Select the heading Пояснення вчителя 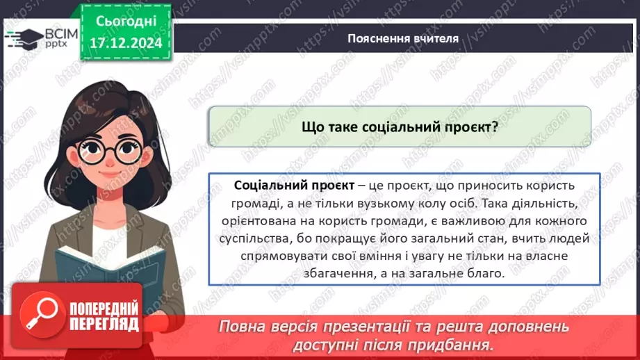click(403, 38)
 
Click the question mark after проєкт click(495, 127)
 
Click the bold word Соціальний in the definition click(265, 187)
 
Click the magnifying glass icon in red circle click(41, 316)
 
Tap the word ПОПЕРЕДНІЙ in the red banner click(104, 309)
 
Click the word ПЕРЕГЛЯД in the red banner click(104, 324)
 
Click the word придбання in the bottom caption click(456, 345)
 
